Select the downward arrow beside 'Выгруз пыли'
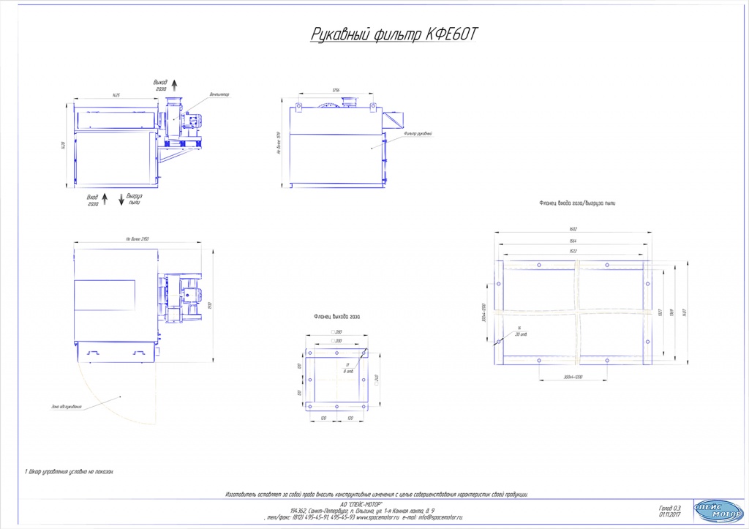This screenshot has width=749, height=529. click(x=121, y=199)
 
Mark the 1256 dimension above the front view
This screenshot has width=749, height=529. click(x=336, y=89)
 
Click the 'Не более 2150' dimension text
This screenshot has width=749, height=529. click(x=138, y=239)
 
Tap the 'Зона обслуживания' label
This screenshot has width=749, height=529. click(x=67, y=406)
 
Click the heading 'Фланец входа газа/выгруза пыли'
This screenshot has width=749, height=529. click(x=577, y=203)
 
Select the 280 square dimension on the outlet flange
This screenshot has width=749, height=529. click(x=339, y=333)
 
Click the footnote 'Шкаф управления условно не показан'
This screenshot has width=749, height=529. click(x=69, y=472)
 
